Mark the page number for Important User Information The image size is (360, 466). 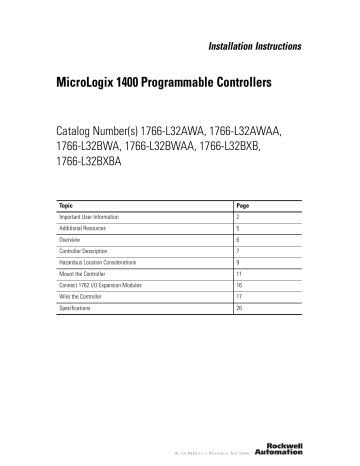click(x=237, y=216)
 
